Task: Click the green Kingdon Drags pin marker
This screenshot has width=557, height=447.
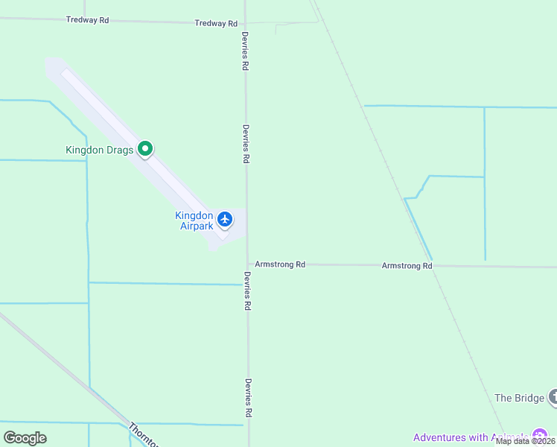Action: [146, 149]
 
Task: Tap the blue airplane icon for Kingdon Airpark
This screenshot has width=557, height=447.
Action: [225, 219]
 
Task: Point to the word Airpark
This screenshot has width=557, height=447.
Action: [197, 226]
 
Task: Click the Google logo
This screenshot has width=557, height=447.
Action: [25, 437]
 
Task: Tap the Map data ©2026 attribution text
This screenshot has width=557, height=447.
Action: [526, 441]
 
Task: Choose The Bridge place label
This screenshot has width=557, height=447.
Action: [519, 398]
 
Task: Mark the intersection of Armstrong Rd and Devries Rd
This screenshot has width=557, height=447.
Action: [248, 264]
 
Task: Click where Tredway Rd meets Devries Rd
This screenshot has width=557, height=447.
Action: [246, 23]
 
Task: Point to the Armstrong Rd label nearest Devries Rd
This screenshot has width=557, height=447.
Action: [280, 264]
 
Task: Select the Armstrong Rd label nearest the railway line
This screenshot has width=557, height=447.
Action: [407, 266]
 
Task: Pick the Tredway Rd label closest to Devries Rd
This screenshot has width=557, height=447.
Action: [216, 24]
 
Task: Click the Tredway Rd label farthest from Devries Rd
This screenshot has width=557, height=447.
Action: [88, 20]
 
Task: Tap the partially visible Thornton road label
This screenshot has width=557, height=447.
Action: [143, 435]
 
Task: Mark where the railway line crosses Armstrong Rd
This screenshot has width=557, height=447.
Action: [436, 266]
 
